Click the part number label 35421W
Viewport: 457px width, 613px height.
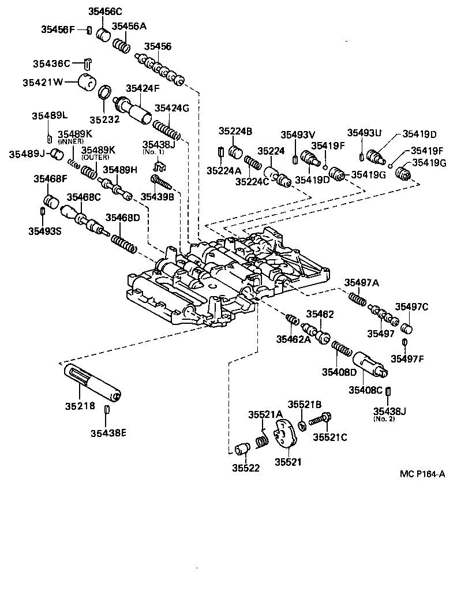coord(43,82)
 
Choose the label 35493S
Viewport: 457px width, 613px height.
coord(44,231)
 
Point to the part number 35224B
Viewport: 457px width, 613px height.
coord(235,132)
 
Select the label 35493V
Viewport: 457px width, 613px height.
coord(297,134)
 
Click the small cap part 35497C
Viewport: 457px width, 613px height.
coord(407,328)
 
